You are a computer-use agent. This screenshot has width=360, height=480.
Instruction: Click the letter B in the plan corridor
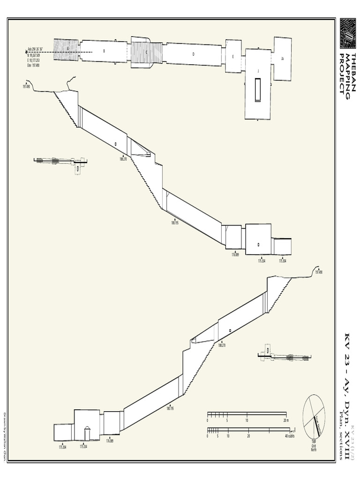pyautogui.click(x=104, y=51)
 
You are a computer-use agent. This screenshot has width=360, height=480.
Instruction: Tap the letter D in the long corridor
pyautogui.click(x=193, y=54)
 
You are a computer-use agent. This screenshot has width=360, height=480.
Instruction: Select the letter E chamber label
pyautogui.click(x=233, y=56)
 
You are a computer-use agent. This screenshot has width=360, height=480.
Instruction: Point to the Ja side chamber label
pyautogui.click(x=282, y=59)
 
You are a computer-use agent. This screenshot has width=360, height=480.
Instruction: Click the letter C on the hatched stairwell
pyautogui.click(x=146, y=52)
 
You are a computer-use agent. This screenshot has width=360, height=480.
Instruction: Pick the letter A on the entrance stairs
pyautogui.click(x=68, y=48)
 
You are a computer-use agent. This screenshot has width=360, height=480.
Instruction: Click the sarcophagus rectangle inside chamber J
pyautogui.click(x=257, y=90)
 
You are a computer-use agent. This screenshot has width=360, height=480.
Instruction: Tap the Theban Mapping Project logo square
pyautogui.click(x=347, y=34)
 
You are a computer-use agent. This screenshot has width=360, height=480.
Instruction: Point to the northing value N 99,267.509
pyautogui.click(x=33, y=55)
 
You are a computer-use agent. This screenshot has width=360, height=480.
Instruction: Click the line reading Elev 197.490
pyautogui.click(x=33, y=65)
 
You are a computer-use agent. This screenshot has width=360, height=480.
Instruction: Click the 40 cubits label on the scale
pyautogui.click(x=289, y=436)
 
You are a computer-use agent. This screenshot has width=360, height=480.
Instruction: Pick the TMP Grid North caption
pyautogui.click(x=314, y=445)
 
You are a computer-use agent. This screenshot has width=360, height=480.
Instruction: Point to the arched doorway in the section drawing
pyautogui.click(x=87, y=434)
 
